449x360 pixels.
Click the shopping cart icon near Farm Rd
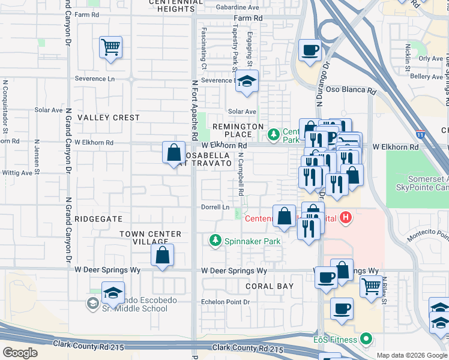[x=111, y=47]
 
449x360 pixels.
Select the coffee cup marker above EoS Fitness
[x=342, y=309]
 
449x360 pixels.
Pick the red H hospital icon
[x=345, y=217]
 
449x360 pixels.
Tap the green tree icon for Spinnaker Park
[x=215, y=241]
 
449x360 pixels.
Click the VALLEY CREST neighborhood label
[x=109, y=118]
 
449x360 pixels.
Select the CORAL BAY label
[x=270, y=286]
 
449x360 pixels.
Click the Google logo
[x=20, y=352]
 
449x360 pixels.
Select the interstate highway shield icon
[x=421, y=136]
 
